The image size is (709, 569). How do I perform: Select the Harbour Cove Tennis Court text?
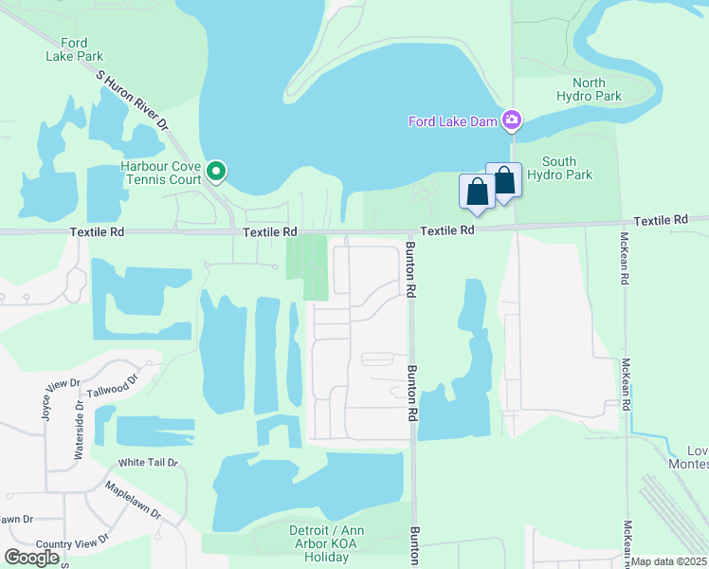click(161, 172)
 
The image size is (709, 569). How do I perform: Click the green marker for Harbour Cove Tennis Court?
click(216, 172)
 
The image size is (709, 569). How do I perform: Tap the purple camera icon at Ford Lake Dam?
click(512, 119)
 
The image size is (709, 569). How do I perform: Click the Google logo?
click(31, 558)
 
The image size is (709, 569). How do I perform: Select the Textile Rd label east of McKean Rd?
click(661, 220)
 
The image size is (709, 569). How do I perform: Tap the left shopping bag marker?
click(477, 193)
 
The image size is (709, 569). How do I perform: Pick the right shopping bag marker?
click(504, 180)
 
